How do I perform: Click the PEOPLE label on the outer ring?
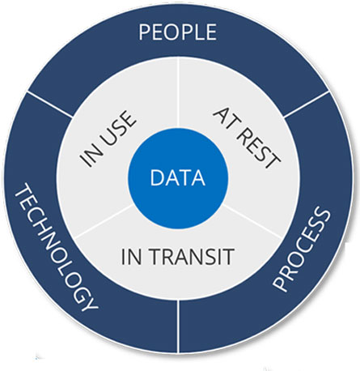(177, 32)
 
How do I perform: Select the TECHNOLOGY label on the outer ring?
(55, 246)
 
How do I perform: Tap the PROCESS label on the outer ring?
(302, 249)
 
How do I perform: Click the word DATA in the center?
(177, 177)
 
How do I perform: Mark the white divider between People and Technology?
(50, 104)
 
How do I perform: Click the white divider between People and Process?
(307, 104)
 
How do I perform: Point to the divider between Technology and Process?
(178, 326)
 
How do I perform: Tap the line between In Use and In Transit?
(104, 221)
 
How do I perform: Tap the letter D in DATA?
(157, 177)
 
